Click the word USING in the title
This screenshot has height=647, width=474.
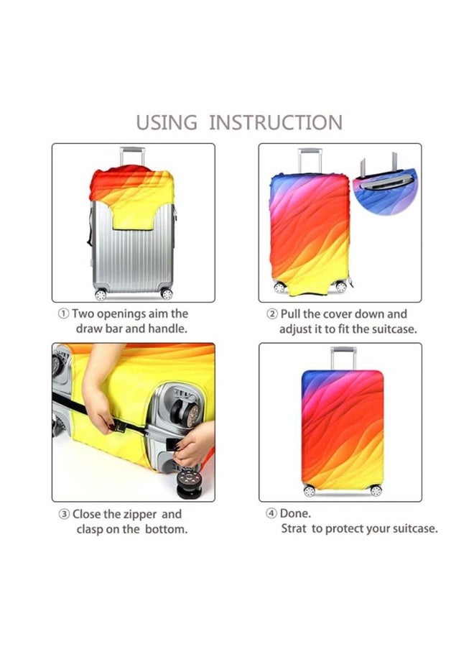pos(167,122)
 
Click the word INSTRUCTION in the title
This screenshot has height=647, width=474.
pos(276,122)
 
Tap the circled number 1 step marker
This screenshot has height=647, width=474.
pos(64,314)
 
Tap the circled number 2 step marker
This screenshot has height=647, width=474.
pos(272,314)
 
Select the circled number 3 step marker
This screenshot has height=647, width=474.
pos(64,515)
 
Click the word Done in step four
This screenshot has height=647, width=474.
pos(296,515)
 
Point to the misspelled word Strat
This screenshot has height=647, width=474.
pos(294,529)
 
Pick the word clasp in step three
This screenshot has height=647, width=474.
pos(91,530)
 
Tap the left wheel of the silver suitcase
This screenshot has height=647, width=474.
pos(101,294)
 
